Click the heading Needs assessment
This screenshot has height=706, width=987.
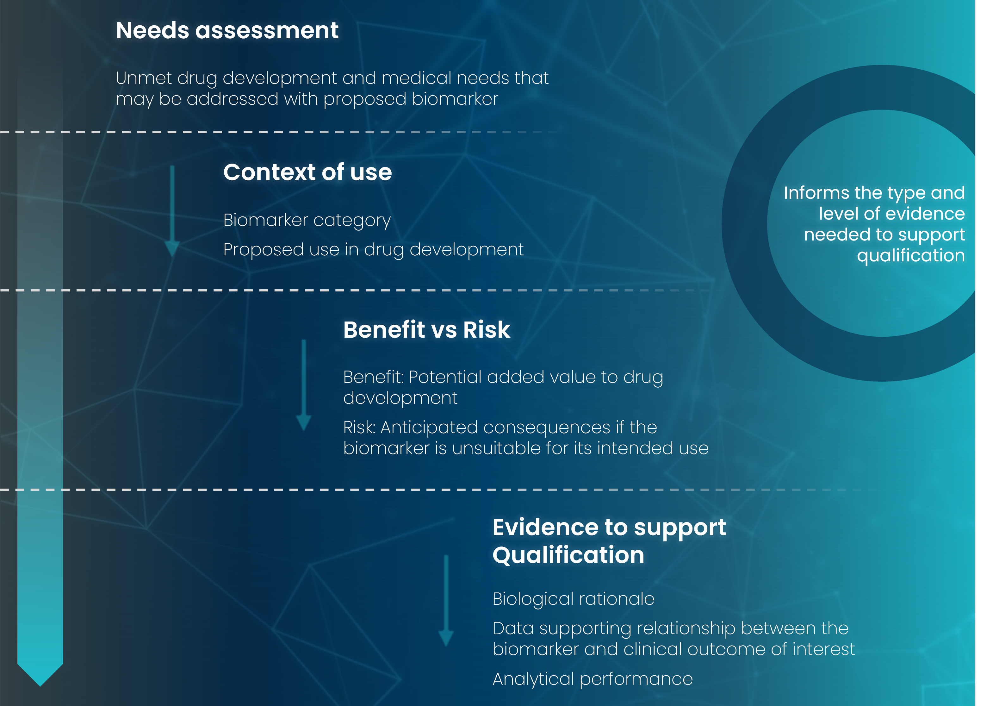(227, 30)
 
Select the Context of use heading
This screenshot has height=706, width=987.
(307, 172)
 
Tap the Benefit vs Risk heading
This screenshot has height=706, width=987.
(426, 329)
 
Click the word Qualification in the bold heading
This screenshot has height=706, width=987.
(568, 555)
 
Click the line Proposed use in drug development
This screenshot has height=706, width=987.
(373, 250)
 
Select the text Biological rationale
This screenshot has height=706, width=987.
(573, 599)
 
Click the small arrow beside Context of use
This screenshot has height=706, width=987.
(172, 211)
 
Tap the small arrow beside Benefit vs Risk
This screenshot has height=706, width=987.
(304, 385)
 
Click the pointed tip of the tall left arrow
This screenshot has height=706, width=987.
(40, 686)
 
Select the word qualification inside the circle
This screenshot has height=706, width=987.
(911, 256)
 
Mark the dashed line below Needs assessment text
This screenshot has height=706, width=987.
(278, 132)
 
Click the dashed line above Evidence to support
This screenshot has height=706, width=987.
(435, 490)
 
